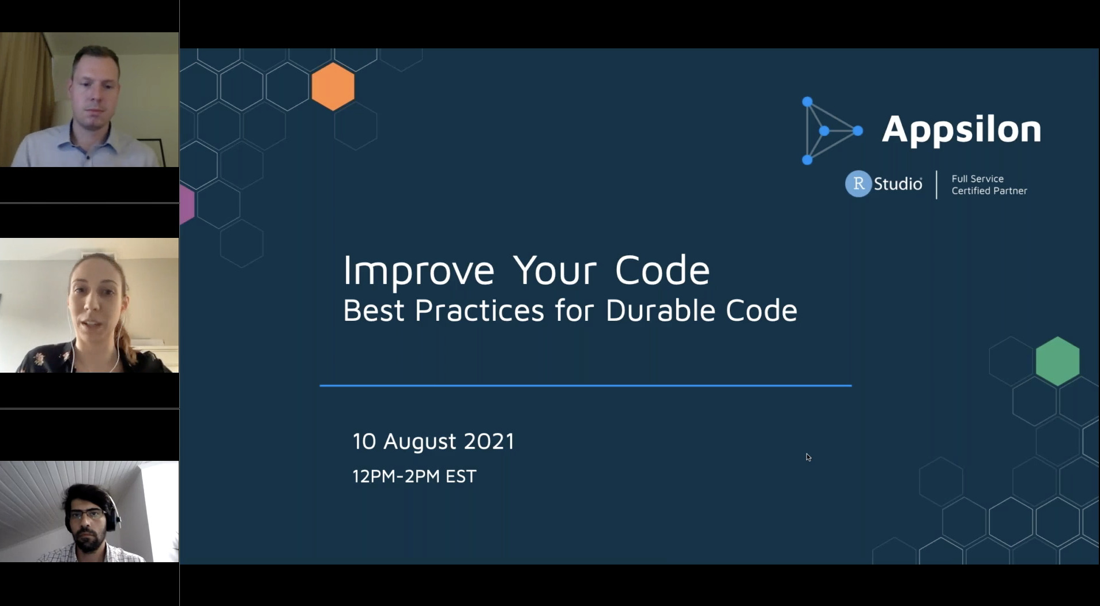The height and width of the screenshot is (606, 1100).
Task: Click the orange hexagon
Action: pyautogui.click(x=333, y=86)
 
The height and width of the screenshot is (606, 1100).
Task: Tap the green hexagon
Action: pyautogui.click(x=1057, y=361)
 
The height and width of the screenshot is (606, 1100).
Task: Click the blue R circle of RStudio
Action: pyautogui.click(x=858, y=184)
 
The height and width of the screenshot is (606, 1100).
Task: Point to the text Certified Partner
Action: pyautogui.click(x=989, y=191)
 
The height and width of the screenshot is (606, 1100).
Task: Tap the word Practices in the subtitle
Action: pyautogui.click(x=479, y=310)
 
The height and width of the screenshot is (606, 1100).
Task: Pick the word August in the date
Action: pyautogui.click(x=420, y=442)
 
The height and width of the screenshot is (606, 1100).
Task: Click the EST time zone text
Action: pyautogui.click(x=461, y=476)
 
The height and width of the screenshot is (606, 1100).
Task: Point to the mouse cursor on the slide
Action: pyautogui.click(x=808, y=457)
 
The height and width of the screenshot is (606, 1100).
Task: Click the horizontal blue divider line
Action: pyautogui.click(x=585, y=385)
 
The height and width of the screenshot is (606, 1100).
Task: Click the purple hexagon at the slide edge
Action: pyautogui.click(x=186, y=204)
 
